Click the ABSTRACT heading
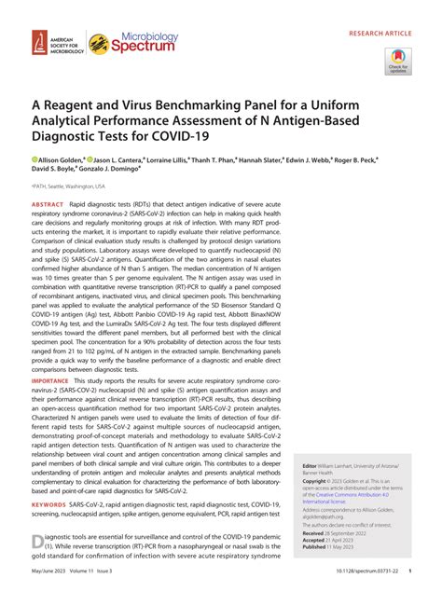coord(48,204)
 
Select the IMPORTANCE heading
coord(50,381)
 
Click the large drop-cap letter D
coord(37,543)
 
